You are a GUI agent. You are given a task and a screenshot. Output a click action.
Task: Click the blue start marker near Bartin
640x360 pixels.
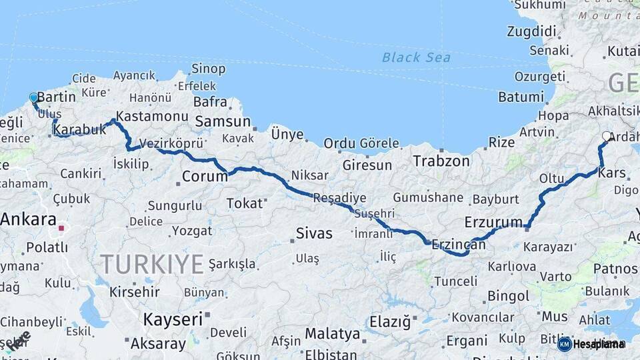[34, 98]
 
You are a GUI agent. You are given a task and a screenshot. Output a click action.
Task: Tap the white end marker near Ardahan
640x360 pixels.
[606, 136]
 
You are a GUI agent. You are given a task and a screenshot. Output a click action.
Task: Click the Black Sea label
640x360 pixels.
[416, 57]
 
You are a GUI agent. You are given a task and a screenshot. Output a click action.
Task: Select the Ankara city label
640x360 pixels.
[28, 219]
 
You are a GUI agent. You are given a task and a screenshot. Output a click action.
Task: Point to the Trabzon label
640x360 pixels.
[441, 161]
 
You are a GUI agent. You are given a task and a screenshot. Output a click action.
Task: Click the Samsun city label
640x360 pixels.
[222, 121]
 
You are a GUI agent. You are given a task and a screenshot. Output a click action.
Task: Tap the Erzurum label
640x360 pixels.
[493, 221]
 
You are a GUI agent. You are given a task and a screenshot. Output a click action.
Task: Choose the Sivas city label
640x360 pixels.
[313, 233]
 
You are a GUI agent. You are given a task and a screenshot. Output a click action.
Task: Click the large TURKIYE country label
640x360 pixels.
[152, 264]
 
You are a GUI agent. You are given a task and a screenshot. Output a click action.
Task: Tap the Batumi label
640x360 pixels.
[521, 97]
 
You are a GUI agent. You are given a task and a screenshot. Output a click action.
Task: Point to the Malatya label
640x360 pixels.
[332, 333]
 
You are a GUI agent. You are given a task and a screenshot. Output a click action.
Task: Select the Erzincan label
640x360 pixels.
[459, 245]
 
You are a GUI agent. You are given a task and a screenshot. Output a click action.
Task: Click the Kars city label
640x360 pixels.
[612, 173]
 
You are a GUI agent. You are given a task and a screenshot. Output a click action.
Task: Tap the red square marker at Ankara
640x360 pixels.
[61, 228]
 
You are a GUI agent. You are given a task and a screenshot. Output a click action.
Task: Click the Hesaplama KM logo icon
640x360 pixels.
[564, 344]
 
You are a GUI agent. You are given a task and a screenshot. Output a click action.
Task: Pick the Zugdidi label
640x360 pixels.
[531, 31]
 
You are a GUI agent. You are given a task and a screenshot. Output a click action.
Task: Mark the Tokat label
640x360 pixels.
[245, 203]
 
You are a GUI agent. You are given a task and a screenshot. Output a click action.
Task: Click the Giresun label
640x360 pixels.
[367, 165]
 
